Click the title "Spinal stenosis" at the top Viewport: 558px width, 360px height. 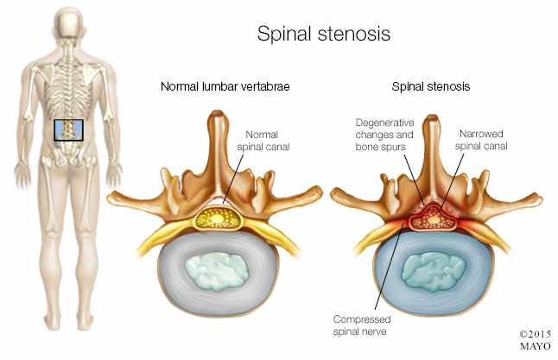coord(324,35)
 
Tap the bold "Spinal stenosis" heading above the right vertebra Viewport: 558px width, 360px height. coord(430,86)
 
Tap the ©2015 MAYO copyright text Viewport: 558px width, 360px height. coord(536,338)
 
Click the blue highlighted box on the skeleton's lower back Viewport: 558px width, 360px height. coord(68,129)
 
